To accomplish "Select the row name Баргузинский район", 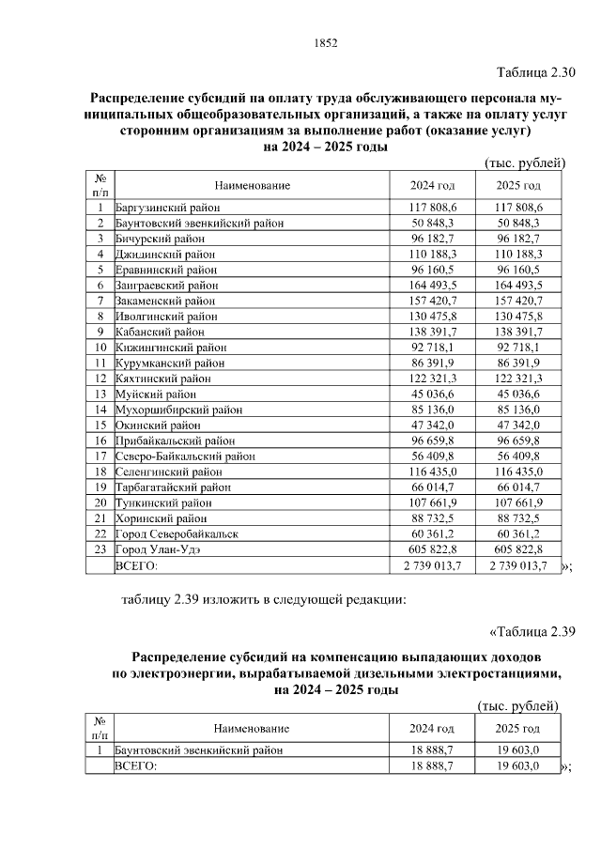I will [168, 206].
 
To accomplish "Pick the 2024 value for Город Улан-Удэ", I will [433, 549].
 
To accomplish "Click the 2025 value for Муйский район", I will [526, 394].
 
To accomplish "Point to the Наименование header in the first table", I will [251, 185].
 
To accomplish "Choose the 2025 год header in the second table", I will [518, 728].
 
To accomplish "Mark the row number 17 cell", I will [99, 456].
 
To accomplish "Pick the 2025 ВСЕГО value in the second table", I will [518, 765].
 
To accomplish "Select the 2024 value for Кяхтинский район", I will [433, 378].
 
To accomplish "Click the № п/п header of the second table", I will [99, 728].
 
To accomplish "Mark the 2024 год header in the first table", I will [433, 185].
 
